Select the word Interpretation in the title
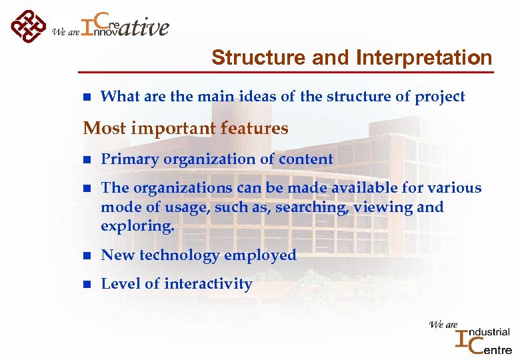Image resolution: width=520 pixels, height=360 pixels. point(424,58)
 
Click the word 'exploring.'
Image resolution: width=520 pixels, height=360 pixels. point(137,226)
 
